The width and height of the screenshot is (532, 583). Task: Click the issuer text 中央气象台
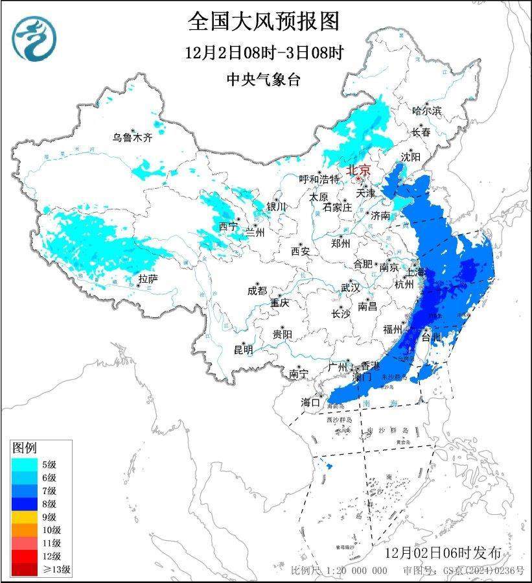click(x=263, y=80)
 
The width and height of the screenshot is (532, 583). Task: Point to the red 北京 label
click(x=358, y=170)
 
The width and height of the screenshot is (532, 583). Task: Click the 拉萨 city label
click(x=148, y=279)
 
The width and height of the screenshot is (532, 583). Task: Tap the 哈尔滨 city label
click(x=426, y=111)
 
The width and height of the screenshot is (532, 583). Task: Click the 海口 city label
click(x=310, y=402)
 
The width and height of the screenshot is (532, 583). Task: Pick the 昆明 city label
click(x=243, y=350)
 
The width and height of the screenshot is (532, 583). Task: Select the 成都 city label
click(x=257, y=291)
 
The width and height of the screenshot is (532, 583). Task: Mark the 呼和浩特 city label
click(x=319, y=179)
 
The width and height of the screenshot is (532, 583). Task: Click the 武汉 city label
click(x=351, y=287)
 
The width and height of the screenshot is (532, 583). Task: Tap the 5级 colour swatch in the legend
click(x=27, y=464)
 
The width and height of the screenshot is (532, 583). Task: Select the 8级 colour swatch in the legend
click(x=27, y=503)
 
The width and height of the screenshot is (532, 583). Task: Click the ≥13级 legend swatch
click(x=27, y=569)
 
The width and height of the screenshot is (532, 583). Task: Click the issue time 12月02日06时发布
click(x=442, y=553)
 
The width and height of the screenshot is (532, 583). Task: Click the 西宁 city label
click(x=227, y=226)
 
